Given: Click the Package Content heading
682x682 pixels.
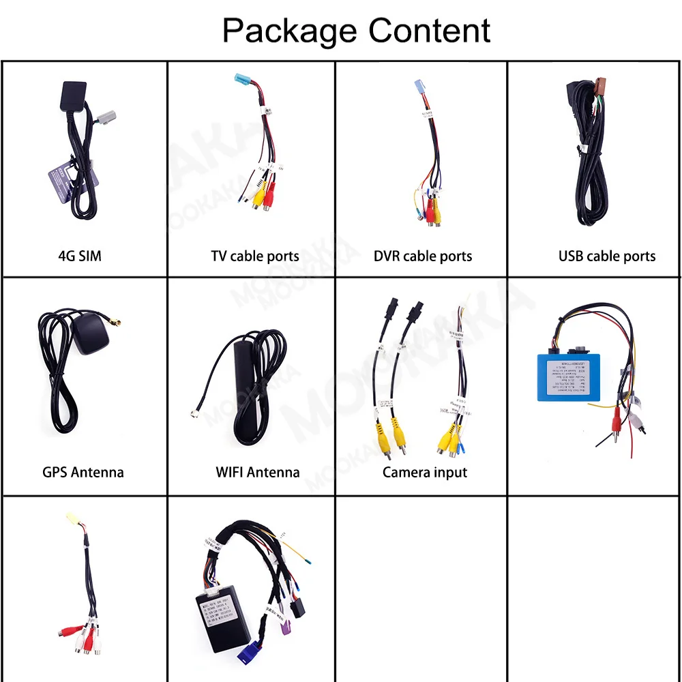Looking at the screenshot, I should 356,31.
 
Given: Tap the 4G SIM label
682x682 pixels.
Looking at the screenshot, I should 80,256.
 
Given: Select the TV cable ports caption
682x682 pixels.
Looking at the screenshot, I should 255,256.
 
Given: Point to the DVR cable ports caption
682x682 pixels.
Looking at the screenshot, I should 423,256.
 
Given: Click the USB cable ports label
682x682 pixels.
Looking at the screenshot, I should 606,256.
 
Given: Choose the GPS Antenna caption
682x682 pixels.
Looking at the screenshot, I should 83,471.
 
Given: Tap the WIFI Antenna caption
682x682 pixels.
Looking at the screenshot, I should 257,471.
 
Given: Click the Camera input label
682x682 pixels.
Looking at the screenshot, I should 425,471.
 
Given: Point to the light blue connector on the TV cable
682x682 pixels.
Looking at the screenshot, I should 243,81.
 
